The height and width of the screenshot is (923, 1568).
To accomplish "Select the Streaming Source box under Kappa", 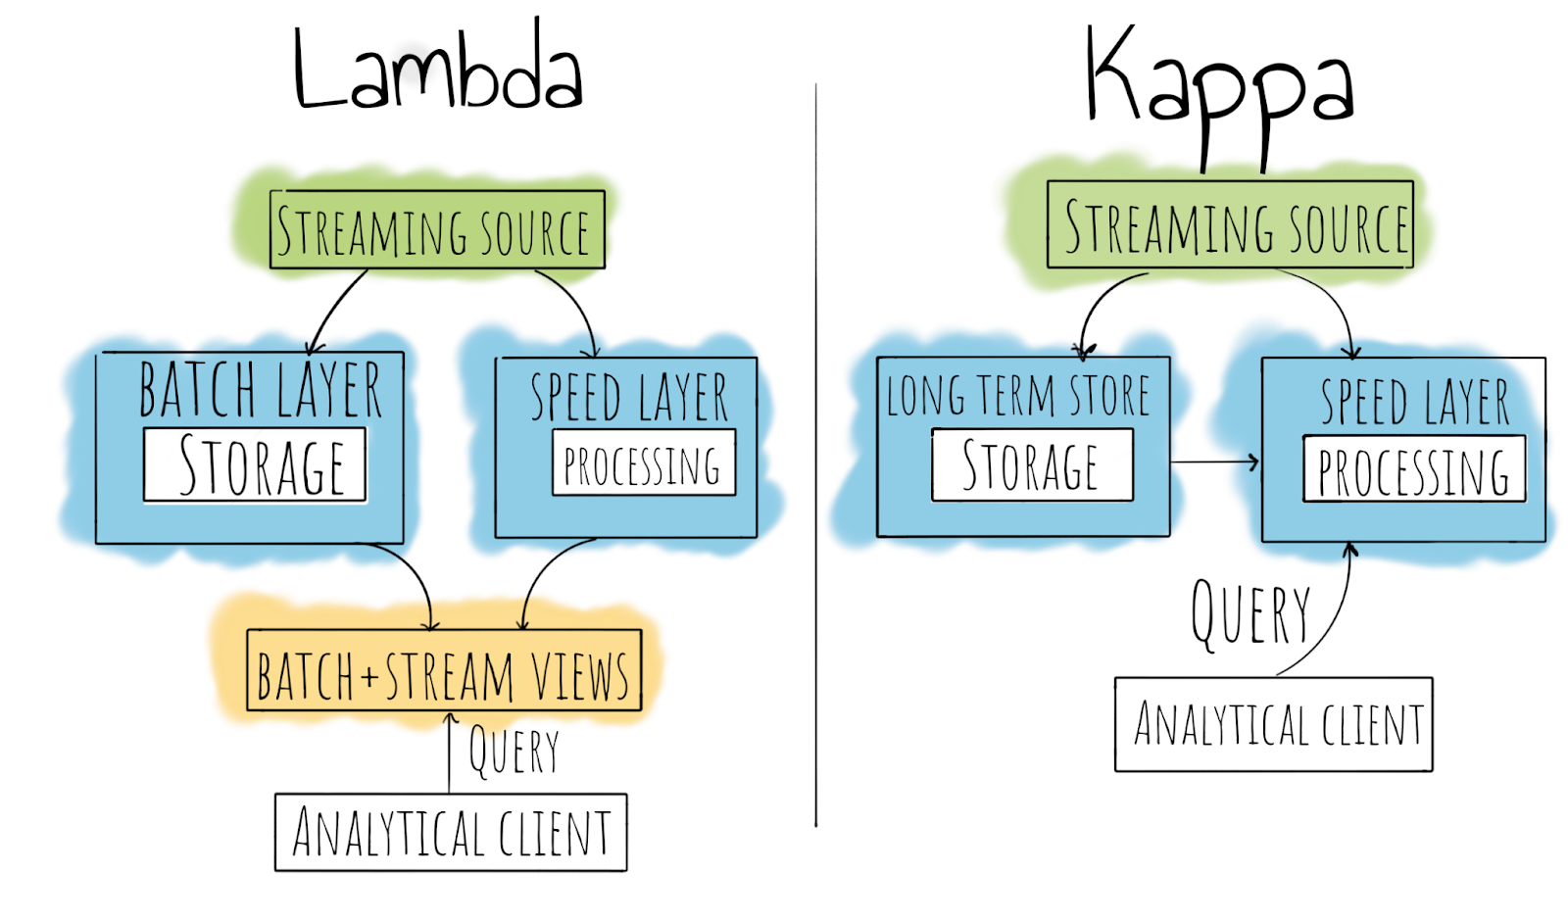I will click(1231, 224).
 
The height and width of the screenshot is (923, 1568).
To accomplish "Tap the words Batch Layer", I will click(260, 390).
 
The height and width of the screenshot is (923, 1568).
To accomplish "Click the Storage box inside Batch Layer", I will click(255, 464).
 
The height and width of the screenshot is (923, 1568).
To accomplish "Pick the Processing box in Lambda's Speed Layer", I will click(643, 463).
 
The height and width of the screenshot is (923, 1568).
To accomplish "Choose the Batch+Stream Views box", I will click(444, 671).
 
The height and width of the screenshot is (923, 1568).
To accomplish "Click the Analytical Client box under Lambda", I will click(451, 833).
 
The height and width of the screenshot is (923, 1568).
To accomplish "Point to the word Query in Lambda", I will click(514, 752).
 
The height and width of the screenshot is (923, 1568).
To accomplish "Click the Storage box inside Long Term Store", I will click(1031, 464).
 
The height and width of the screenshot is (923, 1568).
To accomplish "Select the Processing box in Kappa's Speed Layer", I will click(1413, 469).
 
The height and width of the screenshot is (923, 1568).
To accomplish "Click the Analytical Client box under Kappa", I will click(1274, 725).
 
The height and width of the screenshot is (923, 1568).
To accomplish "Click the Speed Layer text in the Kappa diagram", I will click(1414, 401).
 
